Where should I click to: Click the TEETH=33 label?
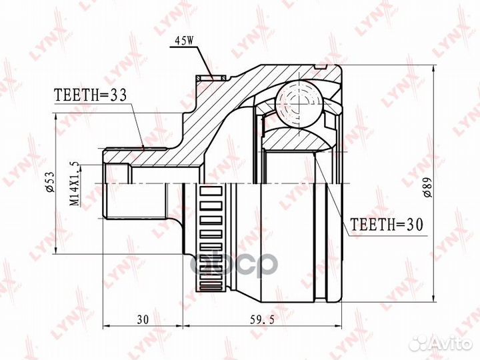[90, 95]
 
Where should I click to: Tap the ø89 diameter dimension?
[445, 180]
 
